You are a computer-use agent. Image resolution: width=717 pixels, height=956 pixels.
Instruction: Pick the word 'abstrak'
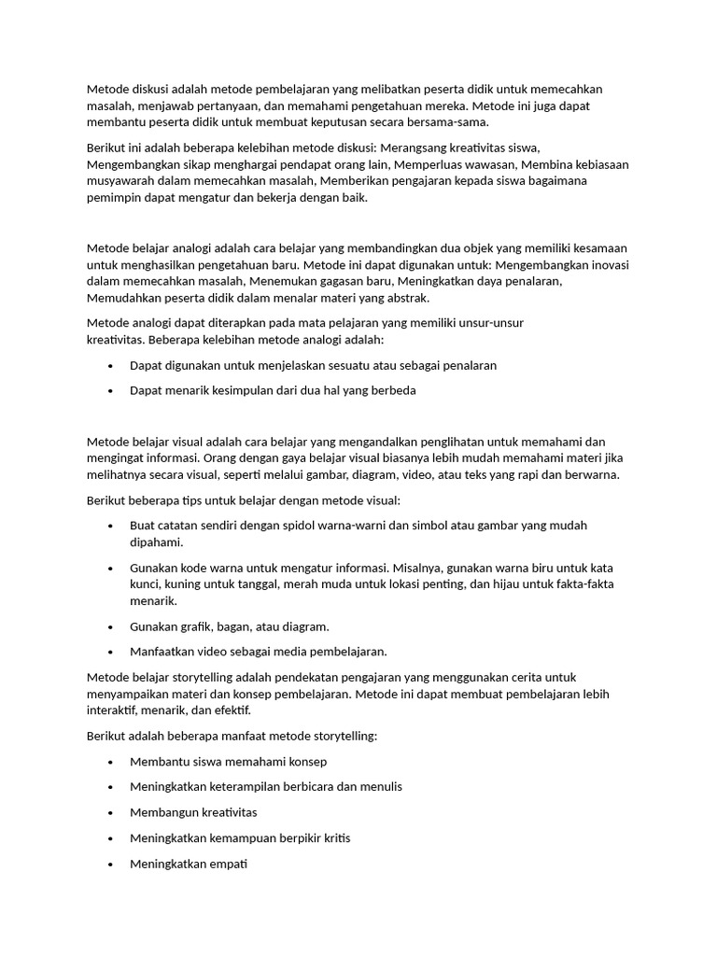coord(407,299)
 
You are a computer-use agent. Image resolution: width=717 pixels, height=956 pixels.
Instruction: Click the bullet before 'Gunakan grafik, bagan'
coord(111,626)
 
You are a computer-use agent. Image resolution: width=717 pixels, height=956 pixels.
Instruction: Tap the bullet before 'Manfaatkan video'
coord(111,652)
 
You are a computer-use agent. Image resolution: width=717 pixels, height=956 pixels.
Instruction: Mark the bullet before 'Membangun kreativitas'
coord(111,812)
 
